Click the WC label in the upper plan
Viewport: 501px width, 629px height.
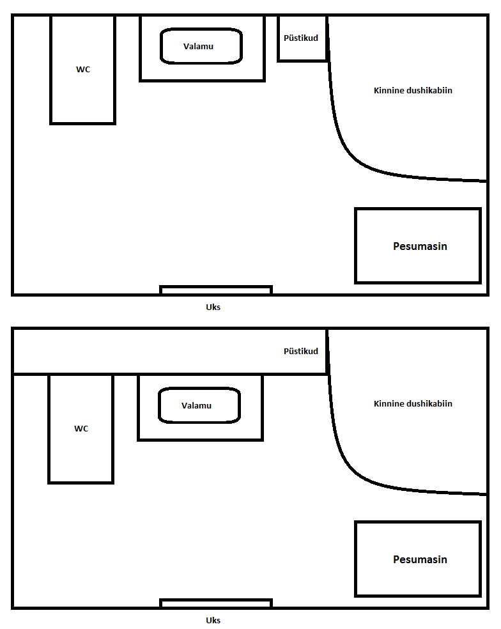click(x=83, y=70)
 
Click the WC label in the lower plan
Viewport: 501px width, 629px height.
click(x=81, y=429)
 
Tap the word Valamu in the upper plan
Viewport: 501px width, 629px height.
click(x=198, y=47)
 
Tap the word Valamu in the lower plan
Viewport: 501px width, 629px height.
click(x=196, y=406)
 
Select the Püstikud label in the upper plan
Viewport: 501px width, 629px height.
click(x=301, y=38)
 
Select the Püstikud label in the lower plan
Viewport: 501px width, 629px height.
click(x=301, y=352)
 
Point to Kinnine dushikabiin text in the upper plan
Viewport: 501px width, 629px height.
click(x=413, y=91)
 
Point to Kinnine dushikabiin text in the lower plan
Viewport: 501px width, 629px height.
click(x=413, y=404)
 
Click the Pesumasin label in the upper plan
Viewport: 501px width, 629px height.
click(x=420, y=246)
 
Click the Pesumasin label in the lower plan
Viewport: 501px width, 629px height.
click(x=420, y=559)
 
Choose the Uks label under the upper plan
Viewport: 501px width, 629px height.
click(x=213, y=307)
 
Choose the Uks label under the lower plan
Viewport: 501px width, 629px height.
click(x=213, y=621)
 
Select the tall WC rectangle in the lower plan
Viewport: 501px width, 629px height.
click(x=49, y=429)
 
